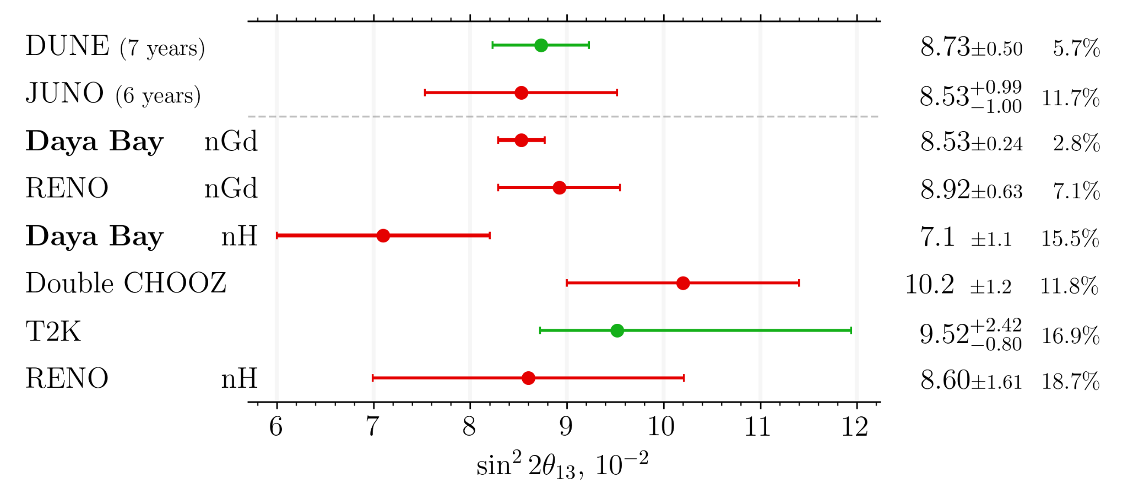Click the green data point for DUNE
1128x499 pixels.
(541, 45)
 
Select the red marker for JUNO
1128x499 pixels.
(521, 93)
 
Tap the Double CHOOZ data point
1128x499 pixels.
(683, 283)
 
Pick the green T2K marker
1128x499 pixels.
(617, 330)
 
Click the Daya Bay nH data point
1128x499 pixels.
(383, 236)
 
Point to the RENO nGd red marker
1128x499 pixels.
(559, 188)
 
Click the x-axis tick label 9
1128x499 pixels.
(566, 427)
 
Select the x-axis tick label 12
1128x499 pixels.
(856, 427)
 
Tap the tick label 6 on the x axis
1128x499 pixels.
(276, 427)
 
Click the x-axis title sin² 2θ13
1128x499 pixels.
(562, 465)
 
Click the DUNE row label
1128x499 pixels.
(67, 46)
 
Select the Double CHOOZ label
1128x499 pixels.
(126, 284)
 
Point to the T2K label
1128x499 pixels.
(53, 332)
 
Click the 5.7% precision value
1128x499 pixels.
(1076, 48)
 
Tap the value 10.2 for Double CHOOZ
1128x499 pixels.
(929, 285)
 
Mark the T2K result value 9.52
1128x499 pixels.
(944, 334)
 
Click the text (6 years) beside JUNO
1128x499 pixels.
(158, 96)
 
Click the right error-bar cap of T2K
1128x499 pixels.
(851, 330)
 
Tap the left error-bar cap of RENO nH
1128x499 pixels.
(373, 378)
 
